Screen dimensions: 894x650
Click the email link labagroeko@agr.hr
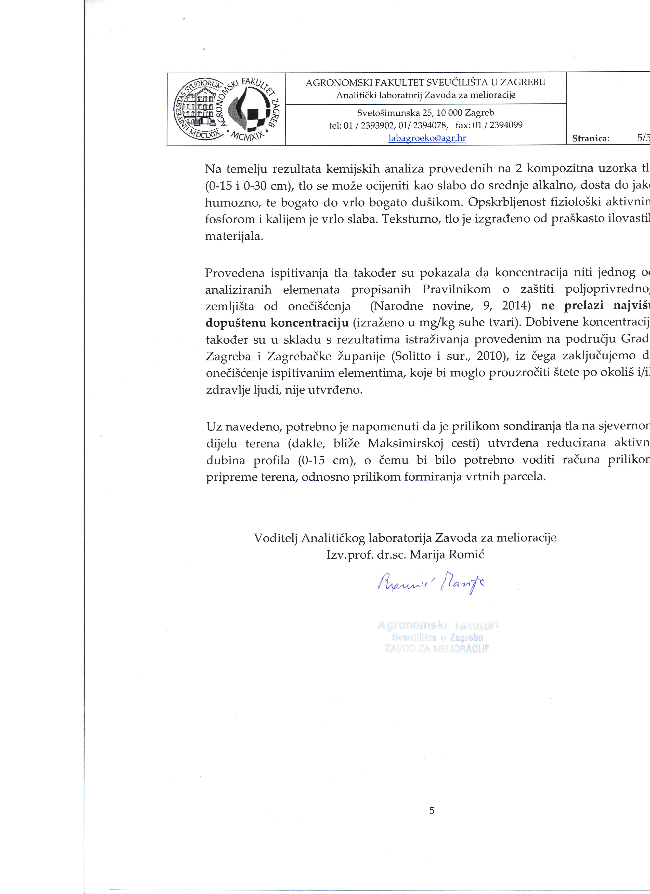[x=427, y=138]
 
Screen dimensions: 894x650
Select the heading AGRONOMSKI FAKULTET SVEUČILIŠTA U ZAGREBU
[x=426, y=82]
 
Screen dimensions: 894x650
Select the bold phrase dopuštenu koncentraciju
[x=277, y=323]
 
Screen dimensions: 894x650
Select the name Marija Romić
[x=447, y=555]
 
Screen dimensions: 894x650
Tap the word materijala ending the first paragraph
[x=234, y=237]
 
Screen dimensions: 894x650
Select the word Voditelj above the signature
[x=276, y=538]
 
